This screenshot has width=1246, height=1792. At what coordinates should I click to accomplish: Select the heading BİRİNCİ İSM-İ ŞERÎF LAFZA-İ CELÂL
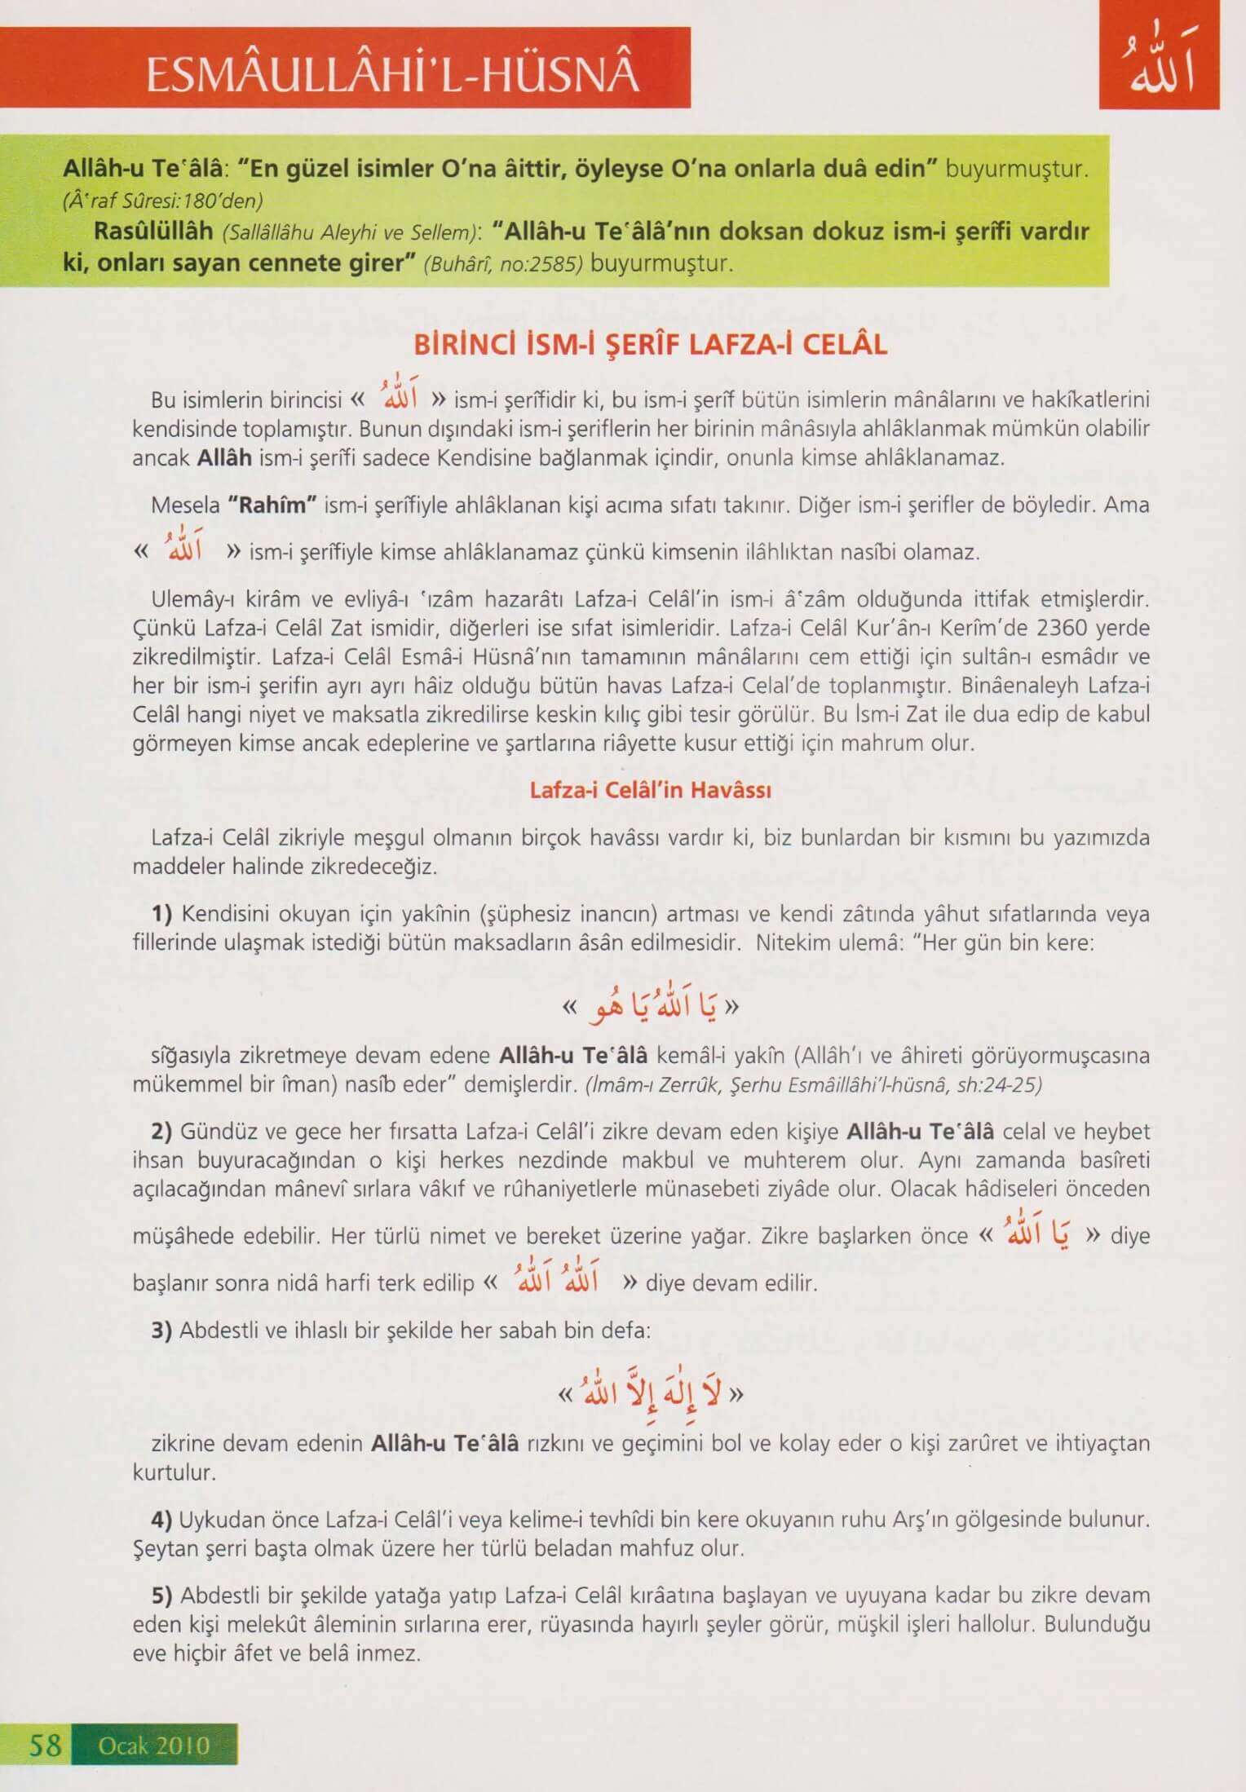(x=650, y=345)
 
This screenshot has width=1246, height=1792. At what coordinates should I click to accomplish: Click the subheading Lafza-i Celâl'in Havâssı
(x=650, y=790)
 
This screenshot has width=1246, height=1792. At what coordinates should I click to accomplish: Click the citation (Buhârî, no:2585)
(x=503, y=266)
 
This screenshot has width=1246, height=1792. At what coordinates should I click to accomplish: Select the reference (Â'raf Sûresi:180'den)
(x=162, y=200)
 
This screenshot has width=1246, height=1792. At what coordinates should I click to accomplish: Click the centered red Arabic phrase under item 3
(x=650, y=1393)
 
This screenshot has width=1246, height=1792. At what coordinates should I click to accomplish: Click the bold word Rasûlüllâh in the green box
(x=153, y=232)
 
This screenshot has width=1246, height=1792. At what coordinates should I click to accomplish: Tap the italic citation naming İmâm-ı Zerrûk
(x=813, y=1085)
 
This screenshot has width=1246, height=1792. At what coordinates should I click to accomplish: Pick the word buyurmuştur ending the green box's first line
(x=1015, y=170)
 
